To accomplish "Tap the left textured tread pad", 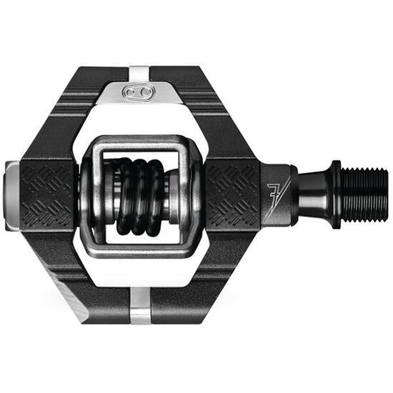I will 47,194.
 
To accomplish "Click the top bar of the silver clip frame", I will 139,142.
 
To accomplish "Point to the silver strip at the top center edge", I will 140,72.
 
